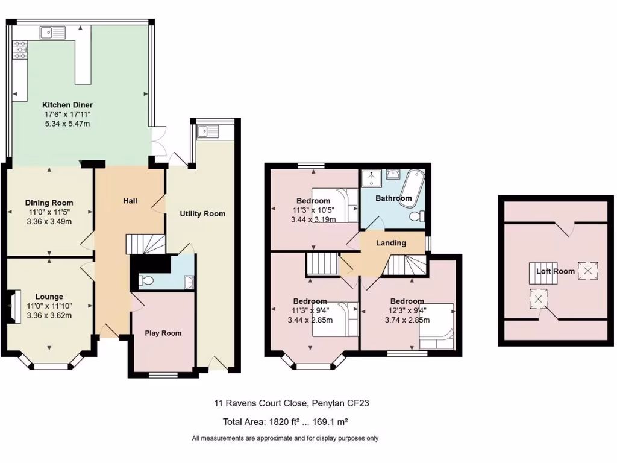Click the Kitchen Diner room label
coord(67,105)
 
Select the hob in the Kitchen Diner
coord(20,50)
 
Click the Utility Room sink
coord(208,130)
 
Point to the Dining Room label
coord(49,203)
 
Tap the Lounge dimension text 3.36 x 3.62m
coord(49,315)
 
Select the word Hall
coord(130,200)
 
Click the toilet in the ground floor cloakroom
coord(145,280)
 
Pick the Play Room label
coord(163,333)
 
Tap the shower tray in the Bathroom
coord(371,178)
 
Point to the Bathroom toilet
coord(416,216)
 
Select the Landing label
coord(391,243)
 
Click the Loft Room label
coord(556,271)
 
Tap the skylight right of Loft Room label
coord(587,271)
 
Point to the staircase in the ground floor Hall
coord(145,244)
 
